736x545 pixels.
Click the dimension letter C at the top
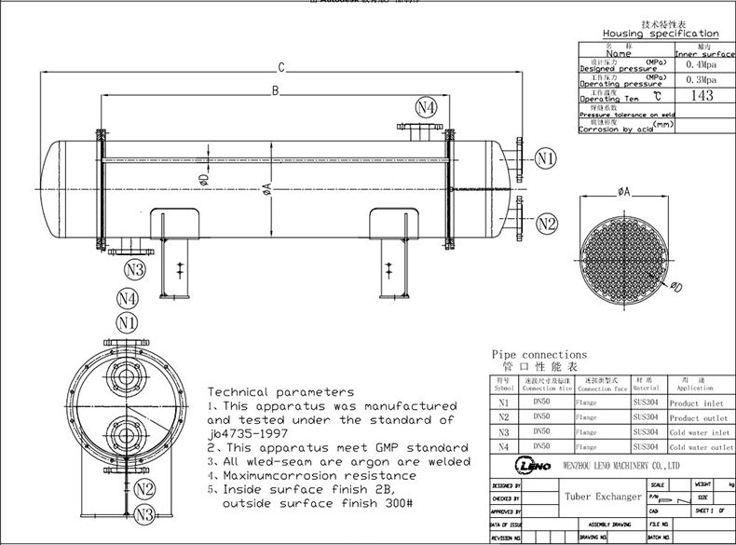click(x=280, y=66)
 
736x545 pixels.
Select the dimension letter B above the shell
click(x=275, y=90)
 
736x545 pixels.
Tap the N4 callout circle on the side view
click(x=426, y=107)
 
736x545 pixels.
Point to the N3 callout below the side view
click(x=135, y=270)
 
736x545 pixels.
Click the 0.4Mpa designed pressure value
click(x=701, y=65)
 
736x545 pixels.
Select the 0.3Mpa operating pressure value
click(x=701, y=80)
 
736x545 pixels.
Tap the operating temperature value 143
click(x=701, y=95)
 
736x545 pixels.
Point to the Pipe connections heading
click(x=538, y=355)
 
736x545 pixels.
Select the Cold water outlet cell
click(x=702, y=447)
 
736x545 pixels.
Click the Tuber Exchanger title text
click(x=603, y=497)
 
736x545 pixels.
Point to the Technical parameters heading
click(x=279, y=392)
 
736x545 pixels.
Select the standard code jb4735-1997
click(x=247, y=434)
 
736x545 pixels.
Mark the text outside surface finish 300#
click(x=317, y=503)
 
